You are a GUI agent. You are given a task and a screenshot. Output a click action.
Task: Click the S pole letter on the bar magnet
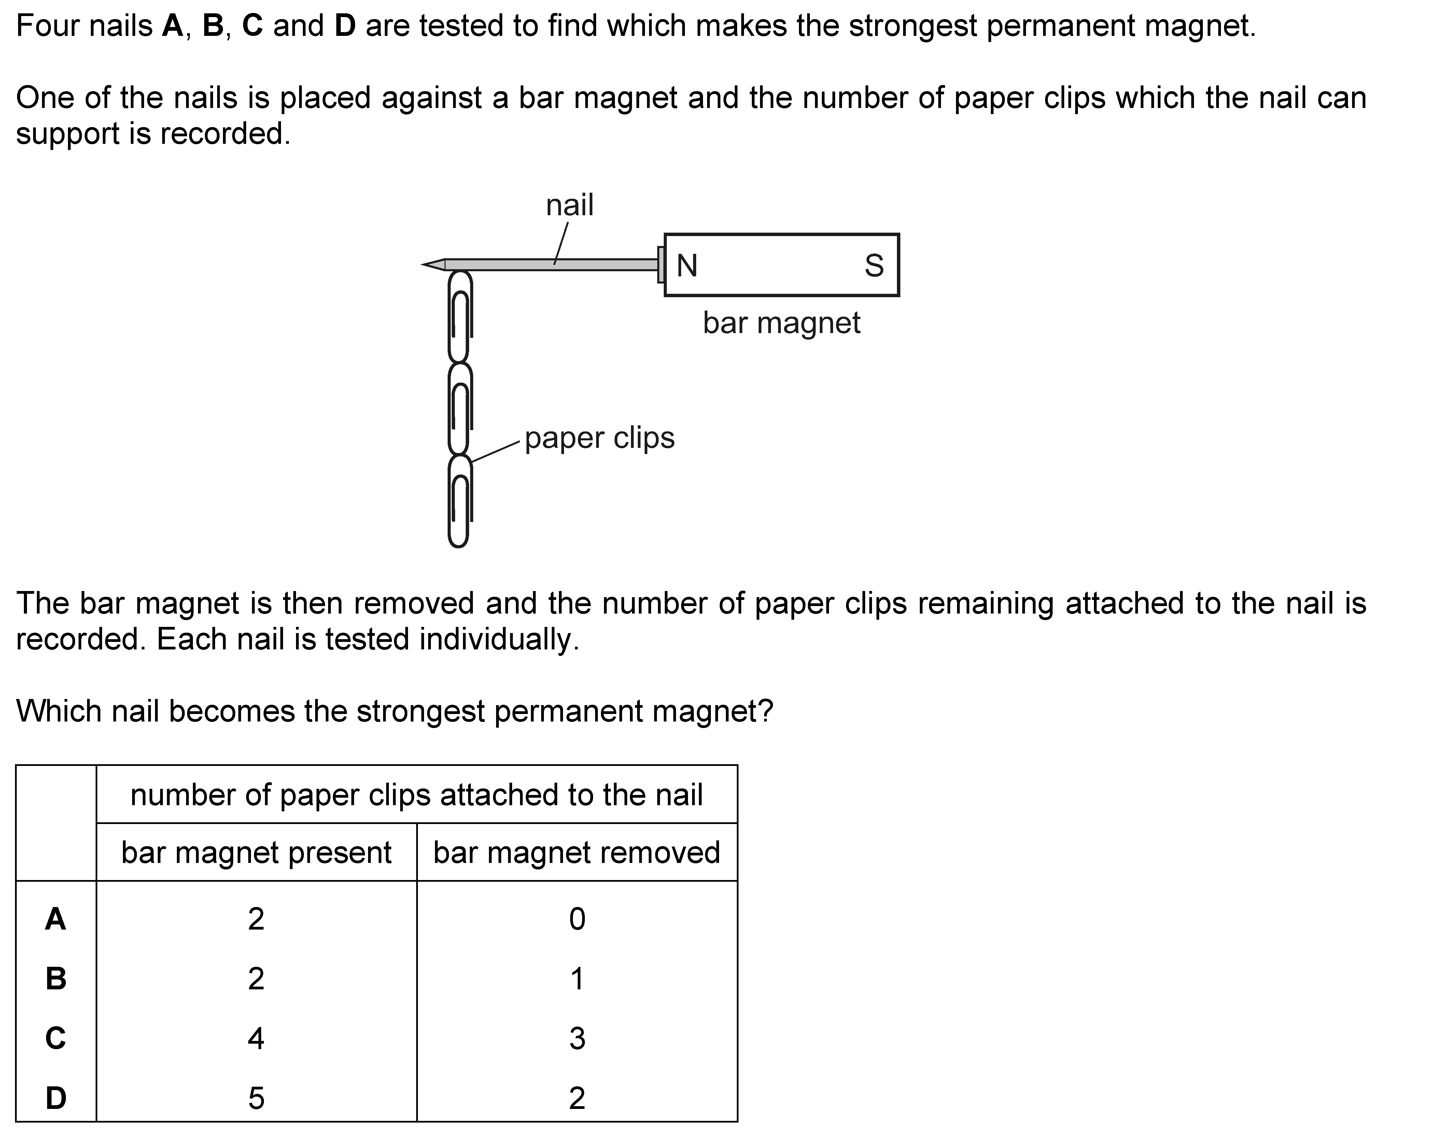[874, 266]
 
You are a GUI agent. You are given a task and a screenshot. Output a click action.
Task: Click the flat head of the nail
[660, 265]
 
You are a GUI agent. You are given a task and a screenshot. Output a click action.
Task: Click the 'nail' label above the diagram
[570, 206]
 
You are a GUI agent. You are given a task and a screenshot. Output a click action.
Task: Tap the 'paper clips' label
[599, 438]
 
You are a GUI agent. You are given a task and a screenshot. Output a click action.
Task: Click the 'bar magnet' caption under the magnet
[782, 324]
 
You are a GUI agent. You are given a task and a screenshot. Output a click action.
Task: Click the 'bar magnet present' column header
[256, 852]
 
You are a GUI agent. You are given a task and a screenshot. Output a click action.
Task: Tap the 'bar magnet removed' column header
[577, 852]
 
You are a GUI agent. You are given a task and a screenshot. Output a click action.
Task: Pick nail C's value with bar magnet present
[256, 1038]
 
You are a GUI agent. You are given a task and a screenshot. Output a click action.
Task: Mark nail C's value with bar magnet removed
[577, 1038]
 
